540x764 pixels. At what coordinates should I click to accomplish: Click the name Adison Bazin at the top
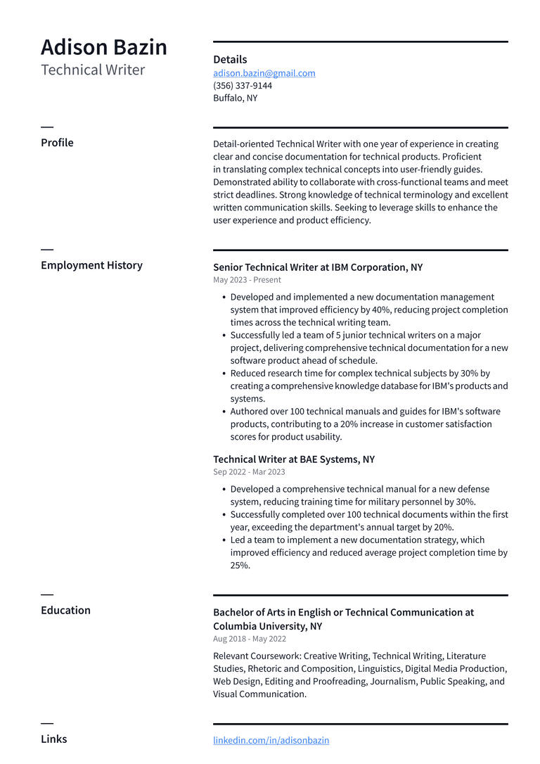coord(104,47)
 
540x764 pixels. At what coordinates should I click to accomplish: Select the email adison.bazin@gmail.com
coord(264,73)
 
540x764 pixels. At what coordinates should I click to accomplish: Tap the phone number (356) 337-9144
coord(243,86)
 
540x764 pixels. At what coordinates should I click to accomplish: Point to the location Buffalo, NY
coord(236,98)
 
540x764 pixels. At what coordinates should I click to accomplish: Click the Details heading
coord(230,60)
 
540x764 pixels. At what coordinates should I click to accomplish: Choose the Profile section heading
coord(57,143)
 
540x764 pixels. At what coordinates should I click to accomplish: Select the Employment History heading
coord(91,265)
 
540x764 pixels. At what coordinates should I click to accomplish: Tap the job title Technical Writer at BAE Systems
coord(294,459)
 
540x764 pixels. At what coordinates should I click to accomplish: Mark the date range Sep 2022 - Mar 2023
coord(249,472)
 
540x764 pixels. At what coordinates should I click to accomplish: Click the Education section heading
coord(65,611)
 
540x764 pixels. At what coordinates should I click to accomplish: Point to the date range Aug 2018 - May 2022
coord(250,639)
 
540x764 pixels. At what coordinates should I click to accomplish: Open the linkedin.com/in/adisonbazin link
coord(271,740)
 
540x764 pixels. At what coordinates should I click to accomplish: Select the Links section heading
coord(54,739)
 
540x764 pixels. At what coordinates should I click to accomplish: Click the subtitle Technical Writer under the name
coord(93,70)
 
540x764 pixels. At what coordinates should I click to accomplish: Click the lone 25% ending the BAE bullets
coord(240,566)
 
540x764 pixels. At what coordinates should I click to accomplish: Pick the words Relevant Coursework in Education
coord(256,656)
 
